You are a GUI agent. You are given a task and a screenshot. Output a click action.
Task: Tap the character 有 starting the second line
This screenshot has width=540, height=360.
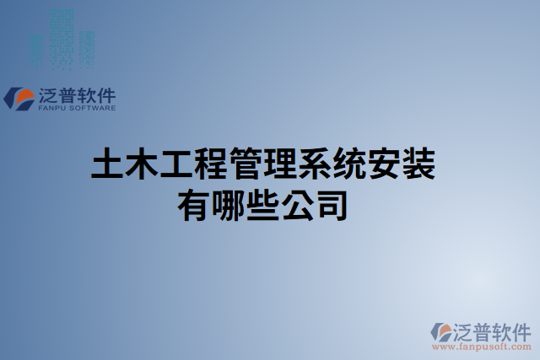194,205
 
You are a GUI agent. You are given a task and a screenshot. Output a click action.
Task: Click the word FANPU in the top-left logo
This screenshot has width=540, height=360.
53,108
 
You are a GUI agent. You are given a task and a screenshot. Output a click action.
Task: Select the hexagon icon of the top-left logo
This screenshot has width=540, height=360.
17,98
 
